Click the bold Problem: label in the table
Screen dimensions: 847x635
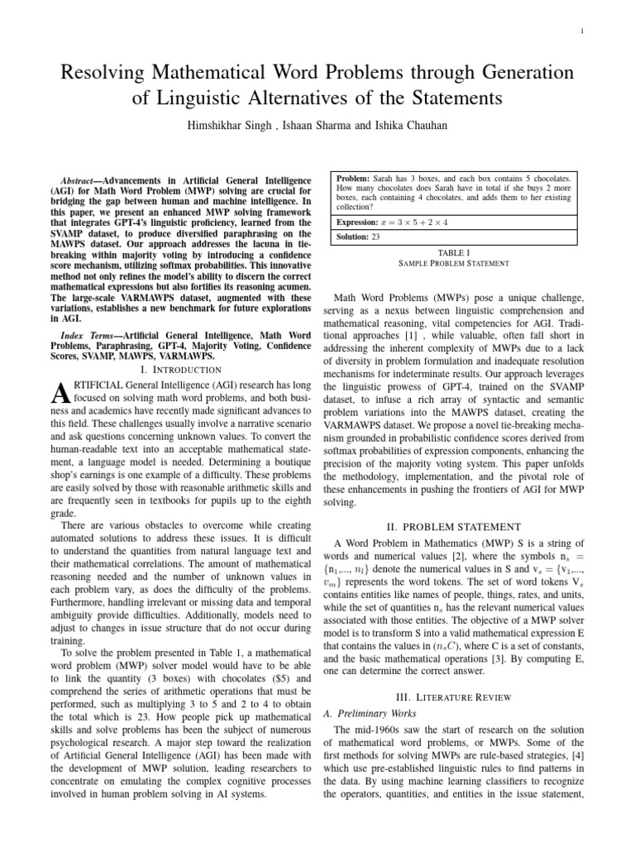click(x=354, y=179)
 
